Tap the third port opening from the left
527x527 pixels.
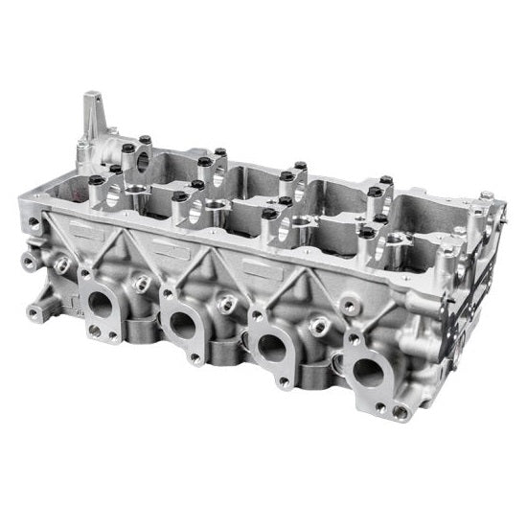(x=271, y=346)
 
